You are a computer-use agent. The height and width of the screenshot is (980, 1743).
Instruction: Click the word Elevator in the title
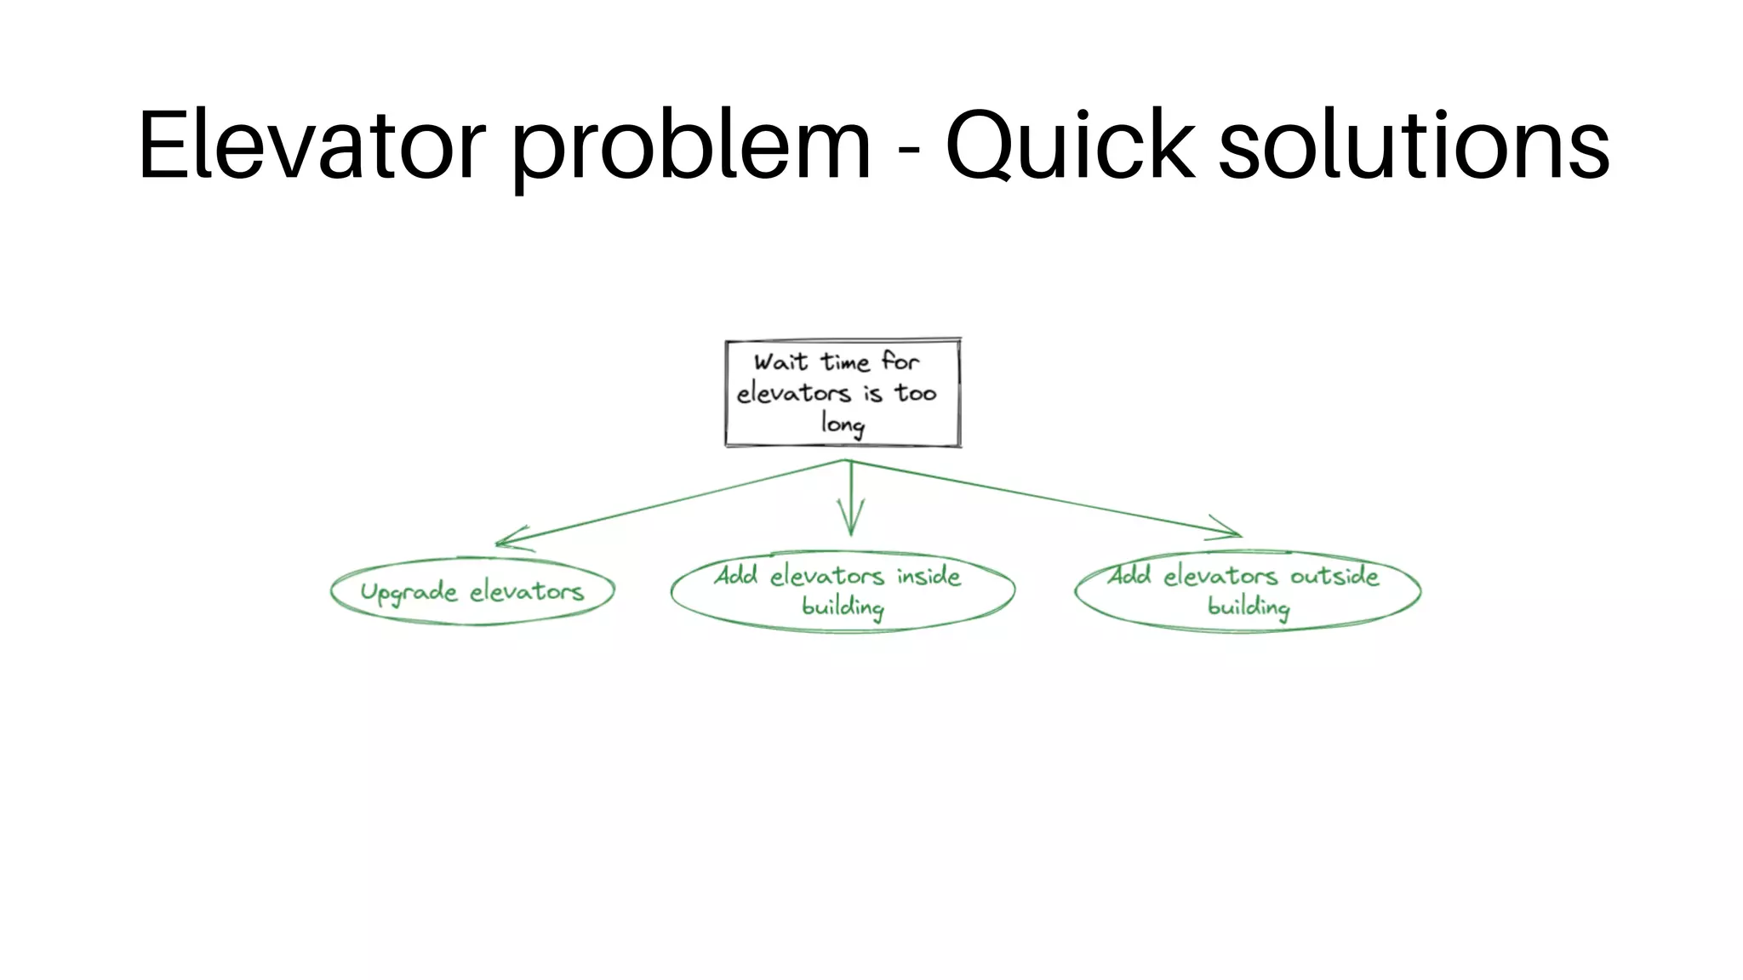(311, 146)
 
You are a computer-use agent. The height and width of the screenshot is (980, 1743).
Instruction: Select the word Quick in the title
(1071, 146)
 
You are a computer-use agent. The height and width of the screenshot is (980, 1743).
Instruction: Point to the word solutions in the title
(1414, 146)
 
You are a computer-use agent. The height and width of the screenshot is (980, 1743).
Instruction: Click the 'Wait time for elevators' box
(843, 392)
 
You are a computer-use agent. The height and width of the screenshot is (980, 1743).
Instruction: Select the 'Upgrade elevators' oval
(472, 591)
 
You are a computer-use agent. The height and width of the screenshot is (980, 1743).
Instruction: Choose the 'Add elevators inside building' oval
(843, 591)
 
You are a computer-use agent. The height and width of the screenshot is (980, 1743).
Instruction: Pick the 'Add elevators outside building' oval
(1248, 591)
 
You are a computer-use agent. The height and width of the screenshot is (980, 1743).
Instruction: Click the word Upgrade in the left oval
(409, 592)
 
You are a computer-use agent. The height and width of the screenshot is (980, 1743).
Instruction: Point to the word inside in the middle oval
(929, 576)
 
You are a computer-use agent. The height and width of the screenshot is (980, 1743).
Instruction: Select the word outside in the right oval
(1334, 576)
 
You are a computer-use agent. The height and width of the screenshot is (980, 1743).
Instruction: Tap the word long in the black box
(843, 423)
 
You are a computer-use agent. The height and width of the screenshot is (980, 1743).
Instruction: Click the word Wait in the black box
(780, 362)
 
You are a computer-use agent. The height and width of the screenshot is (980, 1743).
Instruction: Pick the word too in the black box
(915, 393)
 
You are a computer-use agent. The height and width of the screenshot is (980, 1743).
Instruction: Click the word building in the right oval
(1249, 607)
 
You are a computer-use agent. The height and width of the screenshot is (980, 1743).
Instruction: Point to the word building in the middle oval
(843, 607)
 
